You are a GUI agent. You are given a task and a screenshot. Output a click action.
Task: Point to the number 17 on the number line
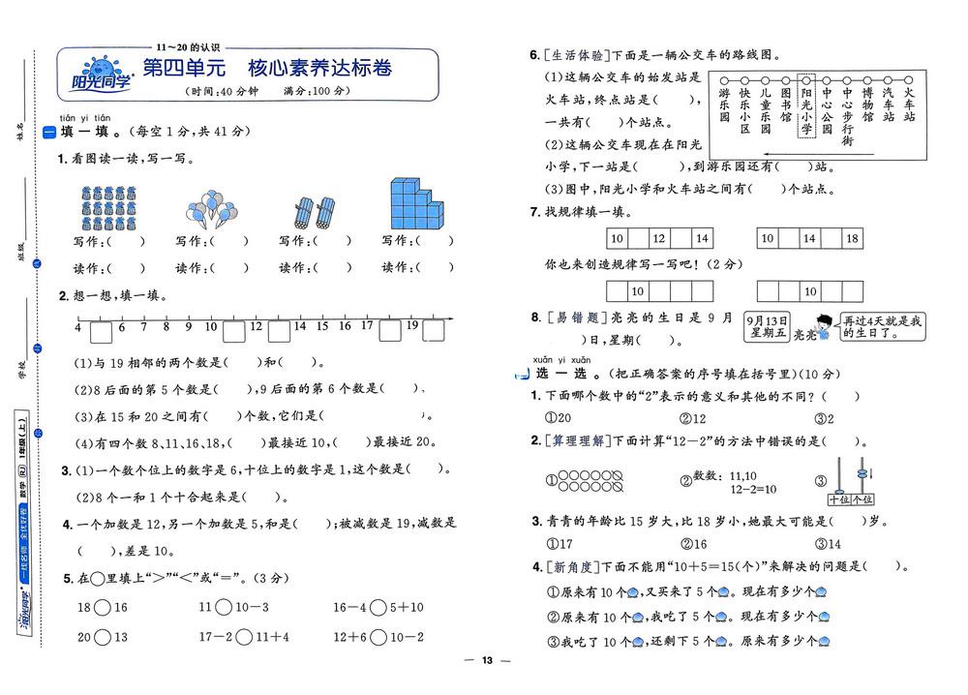pos(367,326)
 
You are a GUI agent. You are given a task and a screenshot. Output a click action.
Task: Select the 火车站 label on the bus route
pos(909,104)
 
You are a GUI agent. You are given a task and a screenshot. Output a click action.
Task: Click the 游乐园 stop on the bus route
pos(724,104)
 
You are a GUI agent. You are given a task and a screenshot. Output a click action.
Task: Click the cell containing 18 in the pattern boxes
pos(852,238)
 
